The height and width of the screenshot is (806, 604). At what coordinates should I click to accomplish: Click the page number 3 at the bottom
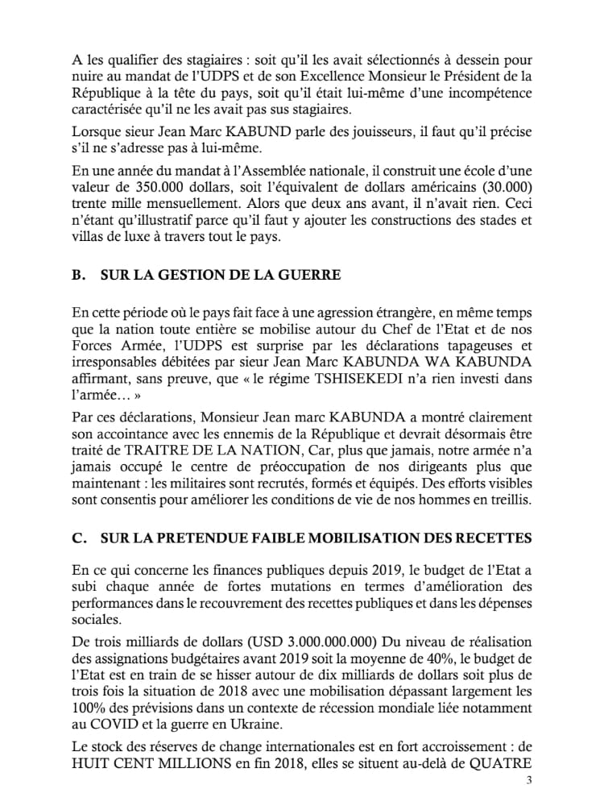(529, 780)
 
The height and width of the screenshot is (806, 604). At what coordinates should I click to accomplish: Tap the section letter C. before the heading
(79, 537)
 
